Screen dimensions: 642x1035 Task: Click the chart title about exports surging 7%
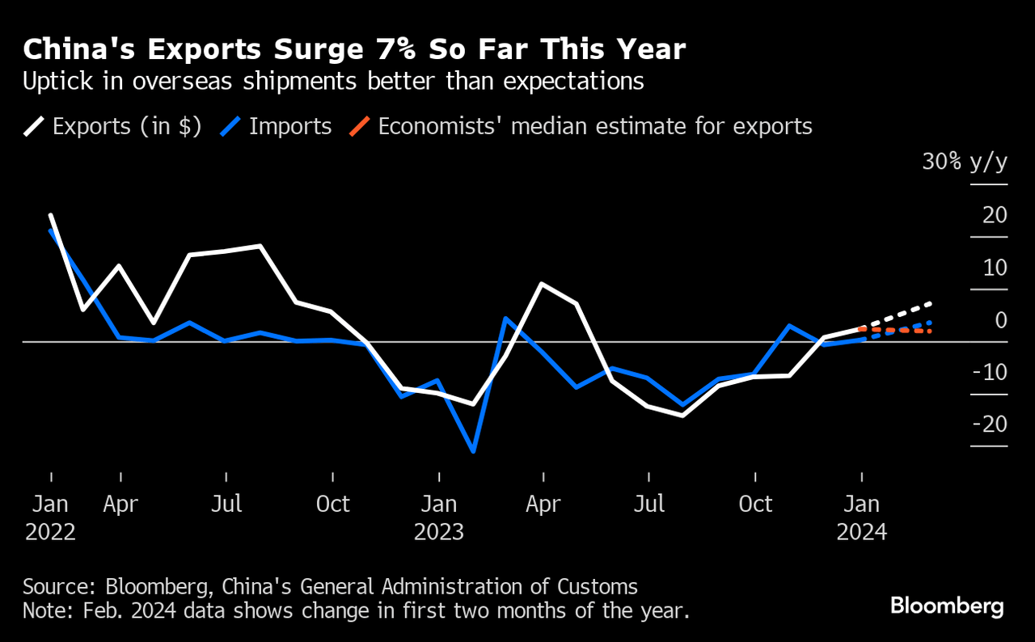coord(354,50)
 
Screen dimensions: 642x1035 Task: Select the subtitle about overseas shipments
coord(333,82)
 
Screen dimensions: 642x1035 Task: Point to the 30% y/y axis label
coord(965,162)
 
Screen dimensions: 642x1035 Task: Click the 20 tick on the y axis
coord(995,215)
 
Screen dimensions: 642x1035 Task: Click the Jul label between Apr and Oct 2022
coord(226,505)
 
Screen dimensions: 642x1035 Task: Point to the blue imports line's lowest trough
coord(472,451)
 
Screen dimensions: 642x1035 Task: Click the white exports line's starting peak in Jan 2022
coord(51,215)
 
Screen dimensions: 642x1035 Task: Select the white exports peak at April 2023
coord(541,284)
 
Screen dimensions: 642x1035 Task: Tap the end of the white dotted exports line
coord(930,303)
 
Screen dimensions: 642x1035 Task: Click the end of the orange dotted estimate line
coord(930,332)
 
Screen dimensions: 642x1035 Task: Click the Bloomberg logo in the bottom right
coord(947,606)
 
